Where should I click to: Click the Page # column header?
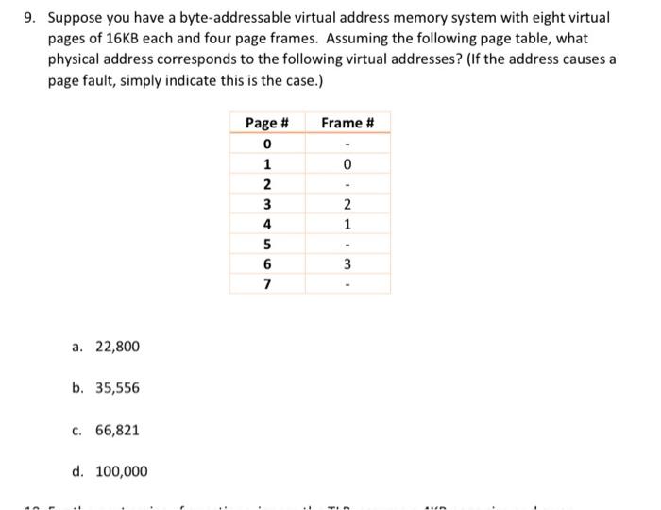(x=266, y=123)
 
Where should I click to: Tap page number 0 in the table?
(x=267, y=144)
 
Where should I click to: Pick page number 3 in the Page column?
(x=267, y=205)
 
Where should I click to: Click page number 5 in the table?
(x=267, y=245)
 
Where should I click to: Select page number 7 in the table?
(x=267, y=284)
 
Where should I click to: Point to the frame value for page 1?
(x=347, y=165)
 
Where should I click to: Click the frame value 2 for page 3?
(x=347, y=205)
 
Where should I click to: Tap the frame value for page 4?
(x=347, y=225)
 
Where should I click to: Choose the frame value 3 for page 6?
(x=347, y=264)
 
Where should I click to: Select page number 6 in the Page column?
(x=267, y=264)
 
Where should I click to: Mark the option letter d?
(x=76, y=471)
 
